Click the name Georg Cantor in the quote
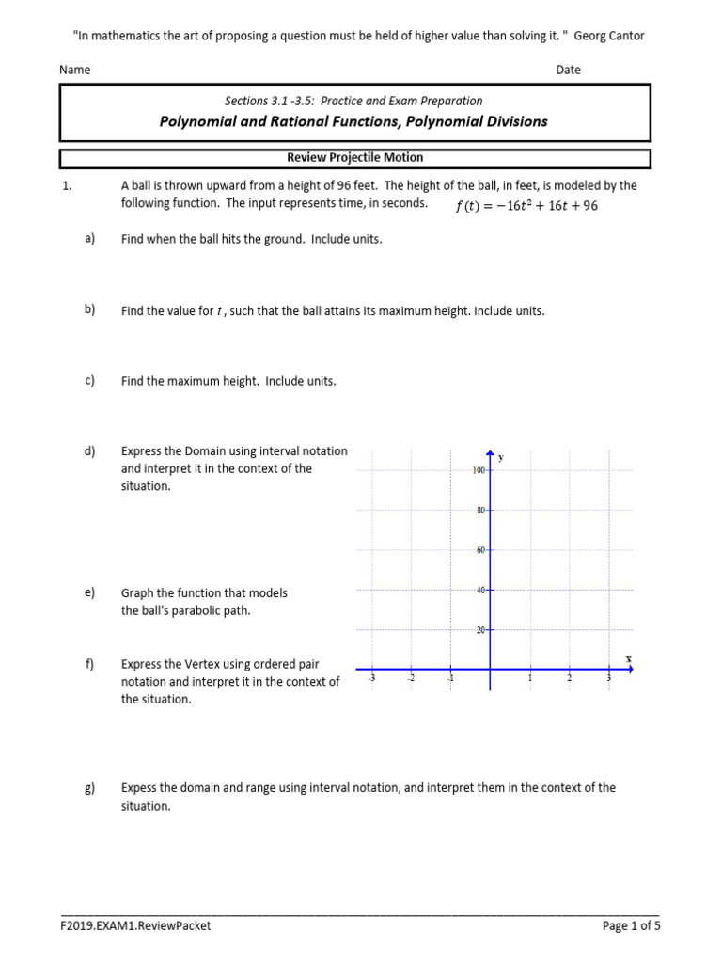click(609, 35)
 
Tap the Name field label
click(74, 70)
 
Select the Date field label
click(568, 70)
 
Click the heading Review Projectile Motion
click(354, 157)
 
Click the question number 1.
click(67, 186)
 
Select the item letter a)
click(90, 239)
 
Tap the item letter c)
click(90, 381)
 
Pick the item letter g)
click(90, 788)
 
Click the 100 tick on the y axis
click(479, 470)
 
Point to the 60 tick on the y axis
click(480, 550)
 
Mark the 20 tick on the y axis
click(480, 630)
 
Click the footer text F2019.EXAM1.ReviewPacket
click(135, 925)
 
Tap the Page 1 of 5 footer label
click(631, 925)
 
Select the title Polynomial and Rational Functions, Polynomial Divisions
click(353, 121)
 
